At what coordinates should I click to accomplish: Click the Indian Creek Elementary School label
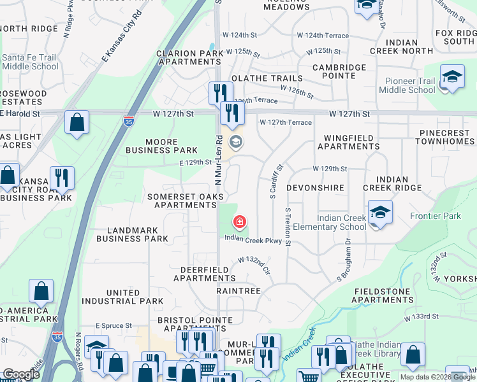click(x=342, y=223)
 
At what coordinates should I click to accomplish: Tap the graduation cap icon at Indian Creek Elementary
click(x=380, y=211)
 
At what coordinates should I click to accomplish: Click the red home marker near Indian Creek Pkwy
click(x=239, y=222)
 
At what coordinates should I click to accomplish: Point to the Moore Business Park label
click(x=157, y=146)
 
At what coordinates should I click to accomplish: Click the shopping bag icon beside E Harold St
click(x=77, y=124)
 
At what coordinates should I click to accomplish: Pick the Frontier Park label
click(x=435, y=216)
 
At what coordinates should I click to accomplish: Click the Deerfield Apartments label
click(x=200, y=274)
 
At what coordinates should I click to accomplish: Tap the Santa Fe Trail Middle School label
click(x=29, y=61)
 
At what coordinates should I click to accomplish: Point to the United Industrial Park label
click(x=124, y=297)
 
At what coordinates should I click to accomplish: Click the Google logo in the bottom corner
click(x=21, y=374)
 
